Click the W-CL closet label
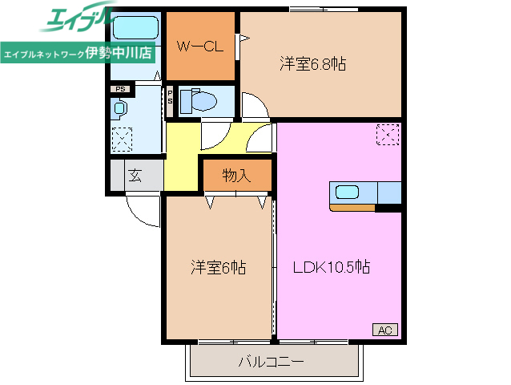point(199,47)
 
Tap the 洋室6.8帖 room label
point(312,64)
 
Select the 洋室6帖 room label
point(217,267)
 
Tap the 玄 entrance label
point(135,176)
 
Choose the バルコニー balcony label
point(271,362)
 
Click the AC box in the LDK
point(383,330)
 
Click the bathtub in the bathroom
point(133,30)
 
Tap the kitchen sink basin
point(348,192)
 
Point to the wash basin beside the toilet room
point(119,107)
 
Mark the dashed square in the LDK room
point(387,136)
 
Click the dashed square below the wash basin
point(122,140)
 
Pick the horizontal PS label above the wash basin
point(120,89)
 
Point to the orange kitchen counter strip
point(352,209)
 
